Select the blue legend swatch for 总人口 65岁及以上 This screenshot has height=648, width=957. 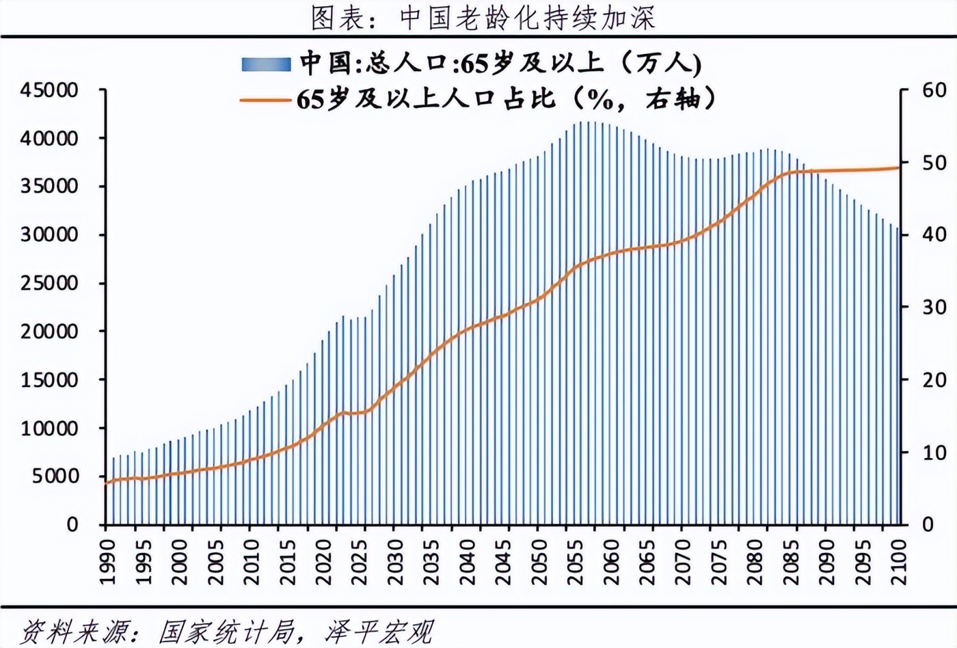(x=266, y=65)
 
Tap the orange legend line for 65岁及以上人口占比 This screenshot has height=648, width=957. (x=265, y=100)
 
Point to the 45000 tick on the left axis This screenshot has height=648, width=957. (x=49, y=90)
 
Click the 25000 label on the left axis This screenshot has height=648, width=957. (x=49, y=283)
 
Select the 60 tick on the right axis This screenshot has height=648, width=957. (x=934, y=90)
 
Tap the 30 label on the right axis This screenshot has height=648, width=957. (x=934, y=308)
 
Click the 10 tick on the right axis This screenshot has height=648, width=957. (x=934, y=453)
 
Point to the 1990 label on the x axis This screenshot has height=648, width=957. (x=107, y=562)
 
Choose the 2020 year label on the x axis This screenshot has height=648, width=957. (x=323, y=562)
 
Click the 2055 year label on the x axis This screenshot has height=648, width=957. (x=576, y=562)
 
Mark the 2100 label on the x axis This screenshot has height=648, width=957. (x=900, y=562)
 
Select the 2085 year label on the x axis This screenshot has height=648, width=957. (x=792, y=562)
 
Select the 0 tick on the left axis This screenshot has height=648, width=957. (x=72, y=525)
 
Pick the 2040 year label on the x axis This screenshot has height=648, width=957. (x=468, y=562)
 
